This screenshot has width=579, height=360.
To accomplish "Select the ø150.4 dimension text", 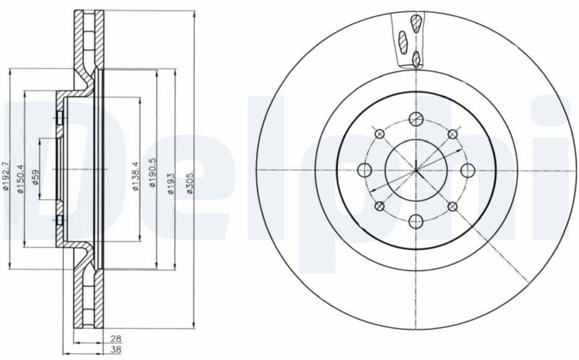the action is pyautogui.click(x=20, y=179).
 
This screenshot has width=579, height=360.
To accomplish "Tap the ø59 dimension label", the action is pyautogui.click(x=35, y=177).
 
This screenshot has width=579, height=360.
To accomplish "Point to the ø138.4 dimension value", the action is pyautogui.click(x=136, y=176).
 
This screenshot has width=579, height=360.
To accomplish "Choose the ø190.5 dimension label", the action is pyautogui.click(x=152, y=172).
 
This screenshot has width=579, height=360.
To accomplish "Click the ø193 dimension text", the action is pyautogui.click(x=171, y=183).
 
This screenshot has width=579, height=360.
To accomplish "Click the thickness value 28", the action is pyautogui.click(x=116, y=339).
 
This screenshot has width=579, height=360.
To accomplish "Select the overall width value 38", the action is pyautogui.click(x=116, y=350).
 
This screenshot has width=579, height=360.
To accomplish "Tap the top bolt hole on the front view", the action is pyautogui.click(x=416, y=119).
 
